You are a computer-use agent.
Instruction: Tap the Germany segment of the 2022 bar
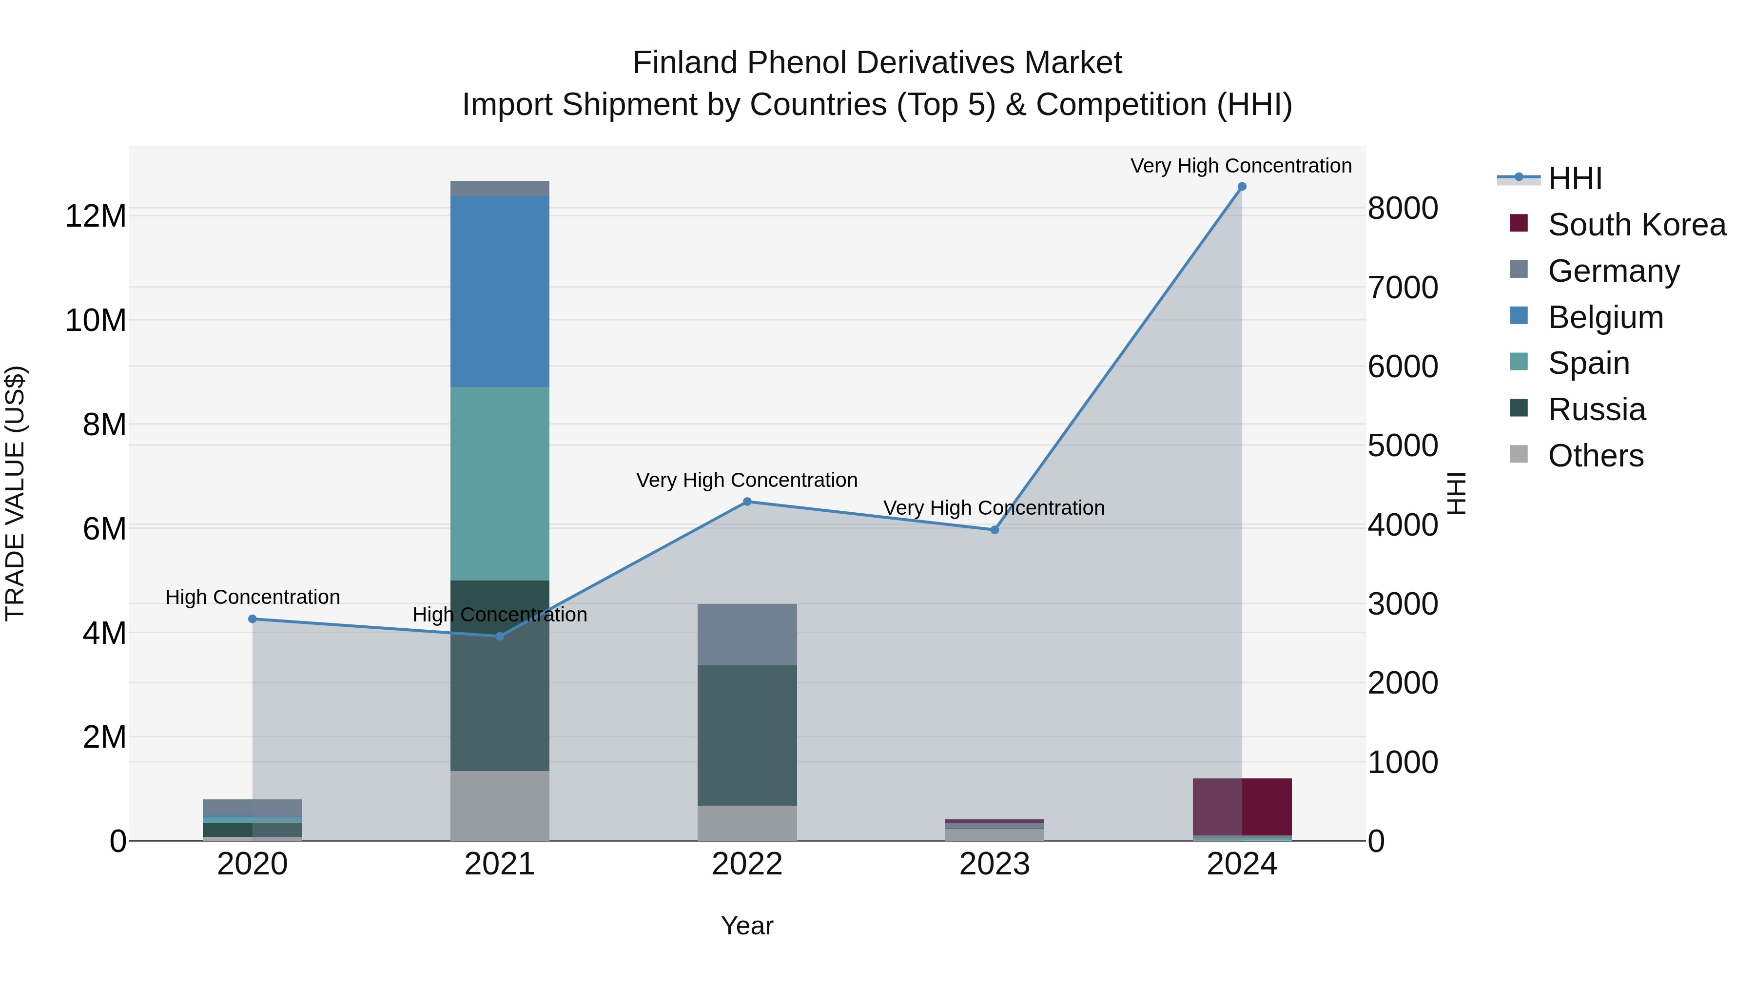pyautogui.click(x=747, y=634)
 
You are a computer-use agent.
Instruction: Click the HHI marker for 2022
pyautogui.click(x=747, y=502)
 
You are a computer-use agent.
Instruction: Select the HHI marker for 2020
pyautogui.click(x=252, y=619)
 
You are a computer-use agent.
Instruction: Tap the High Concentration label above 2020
pyautogui.click(x=252, y=598)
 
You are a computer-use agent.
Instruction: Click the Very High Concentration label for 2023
pyautogui.click(x=994, y=508)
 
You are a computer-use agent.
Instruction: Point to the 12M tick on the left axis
pyautogui.click(x=96, y=216)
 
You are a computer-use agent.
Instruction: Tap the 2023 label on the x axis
pyautogui.click(x=994, y=864)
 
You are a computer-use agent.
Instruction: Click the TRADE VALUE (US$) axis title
pyautogui.click(x=15, y=493)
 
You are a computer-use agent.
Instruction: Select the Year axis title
pyautogui.click(x=747, y=926)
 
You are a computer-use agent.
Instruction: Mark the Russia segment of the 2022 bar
pyautogui.click(x=747, y=735)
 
